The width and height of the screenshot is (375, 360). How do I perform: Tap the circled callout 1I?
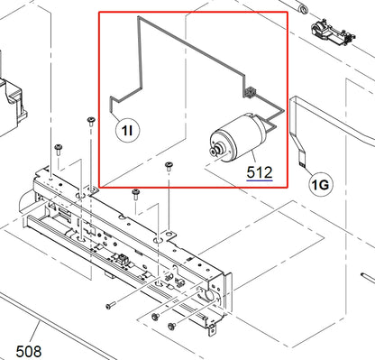pos(127,131)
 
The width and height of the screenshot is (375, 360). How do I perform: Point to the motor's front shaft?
pos(213,152)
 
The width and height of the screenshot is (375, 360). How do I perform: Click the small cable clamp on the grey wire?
pos(250,93)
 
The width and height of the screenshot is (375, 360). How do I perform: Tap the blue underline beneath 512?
pos(241,179)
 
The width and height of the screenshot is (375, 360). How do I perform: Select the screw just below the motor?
pos(168,164)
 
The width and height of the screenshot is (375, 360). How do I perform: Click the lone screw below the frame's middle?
pos(109,306)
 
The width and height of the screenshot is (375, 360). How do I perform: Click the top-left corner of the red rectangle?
pos(98,12)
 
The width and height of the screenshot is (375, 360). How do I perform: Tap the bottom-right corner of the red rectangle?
pos(288,187)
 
